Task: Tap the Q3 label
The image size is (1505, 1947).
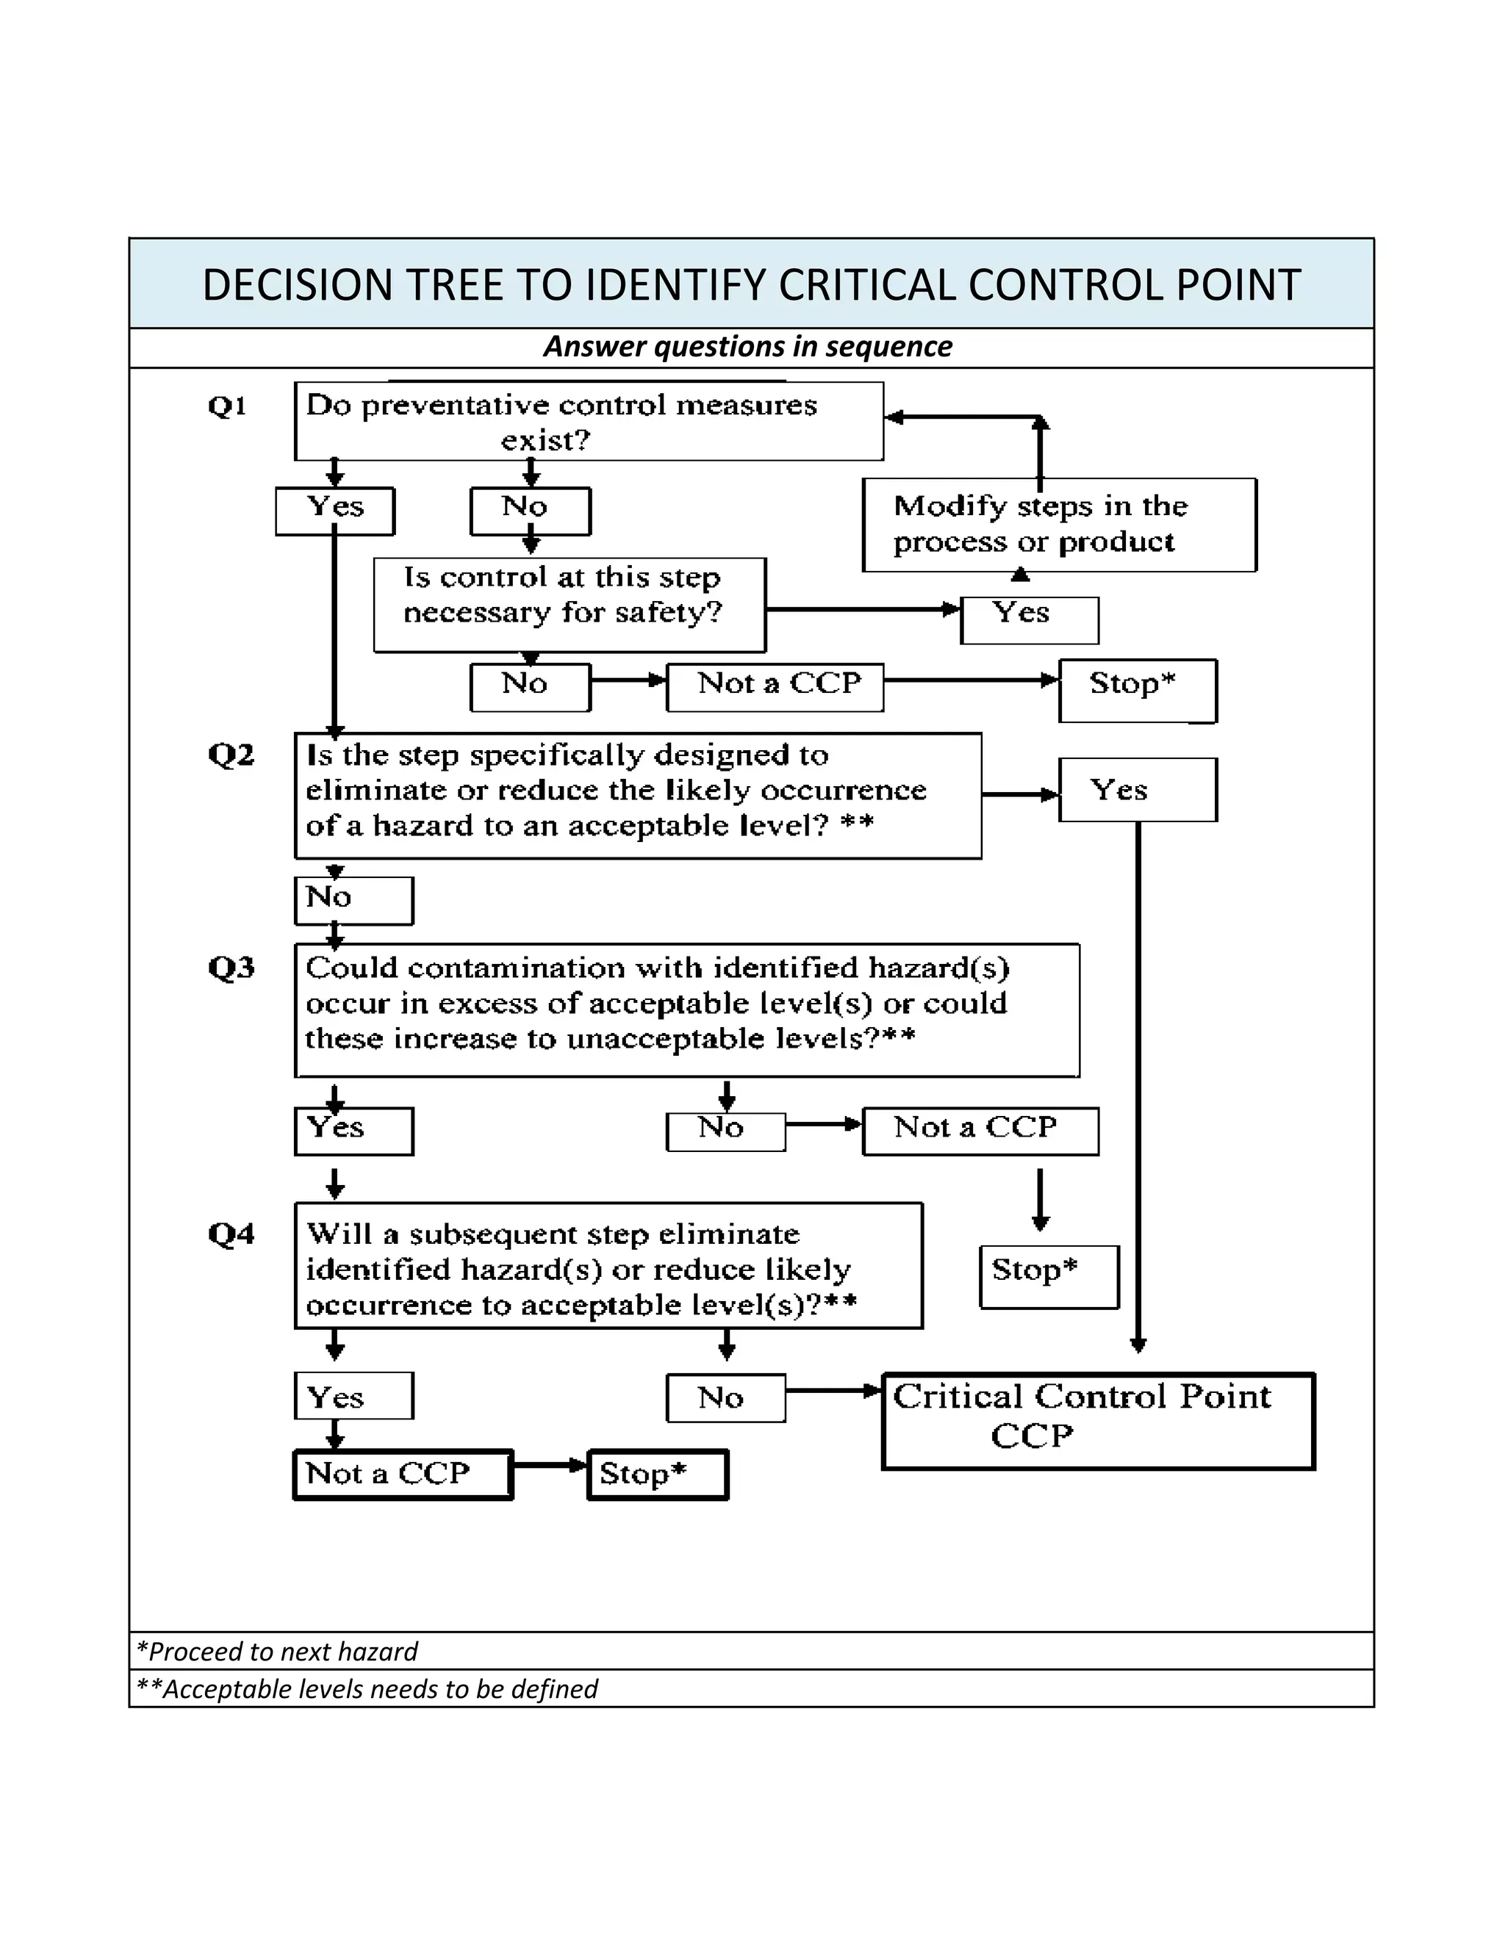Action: click(231, 968)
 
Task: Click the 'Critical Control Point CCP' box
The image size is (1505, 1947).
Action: click(1098, 1421)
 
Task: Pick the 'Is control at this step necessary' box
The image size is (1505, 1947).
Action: click(569, 605)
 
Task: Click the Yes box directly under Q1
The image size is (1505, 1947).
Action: click(334, 510)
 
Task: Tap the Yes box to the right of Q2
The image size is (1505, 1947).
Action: click(1137, 790)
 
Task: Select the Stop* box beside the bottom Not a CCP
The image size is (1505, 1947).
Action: click(657, 1475)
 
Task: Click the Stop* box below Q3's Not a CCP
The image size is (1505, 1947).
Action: click(1049, 1277)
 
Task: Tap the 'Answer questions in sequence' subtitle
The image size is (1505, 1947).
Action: click(747, 346)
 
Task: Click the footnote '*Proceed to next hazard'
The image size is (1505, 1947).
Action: click(276, 1651)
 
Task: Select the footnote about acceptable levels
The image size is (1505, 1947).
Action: click(367, 1688)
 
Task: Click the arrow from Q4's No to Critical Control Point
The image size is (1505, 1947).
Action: click(833, 1390)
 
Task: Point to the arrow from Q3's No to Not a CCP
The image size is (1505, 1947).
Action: click(823, 1124)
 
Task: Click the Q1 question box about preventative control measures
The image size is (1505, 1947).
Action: click(589, 422)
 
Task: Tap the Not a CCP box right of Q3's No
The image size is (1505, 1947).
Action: click(979, 1131)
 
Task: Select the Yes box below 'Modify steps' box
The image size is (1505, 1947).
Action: click(1028, 619)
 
